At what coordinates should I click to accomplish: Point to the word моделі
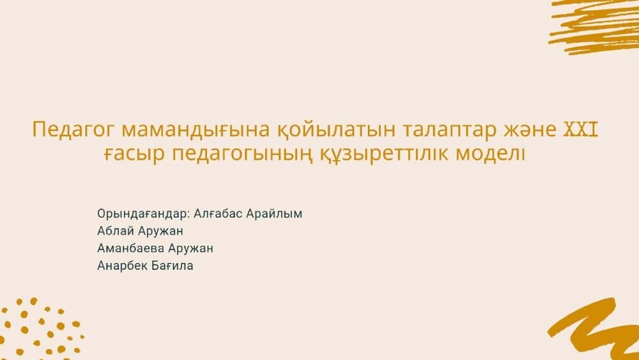click(490, 153)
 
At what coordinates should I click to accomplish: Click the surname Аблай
click(116, 231)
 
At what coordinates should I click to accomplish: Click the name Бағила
click(173, 266)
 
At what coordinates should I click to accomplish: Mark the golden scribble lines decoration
click(594, 26)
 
